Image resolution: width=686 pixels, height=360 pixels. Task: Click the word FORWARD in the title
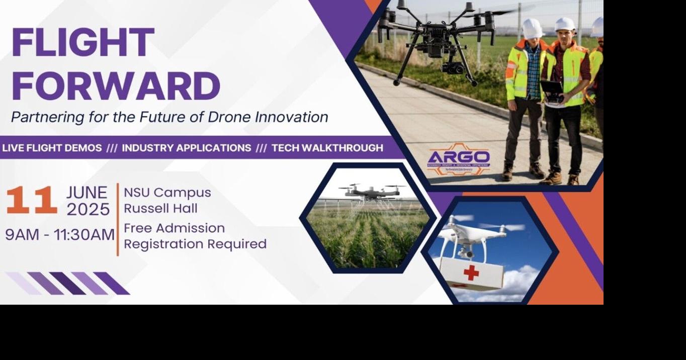[116, 85]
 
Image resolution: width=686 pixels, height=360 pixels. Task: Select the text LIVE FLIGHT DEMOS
[52, 148]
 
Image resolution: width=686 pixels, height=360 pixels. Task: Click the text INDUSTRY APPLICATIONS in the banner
[186, 148]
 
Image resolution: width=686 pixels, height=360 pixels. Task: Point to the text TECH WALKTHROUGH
[327, 148]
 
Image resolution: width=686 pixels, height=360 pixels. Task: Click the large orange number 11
[31, 201]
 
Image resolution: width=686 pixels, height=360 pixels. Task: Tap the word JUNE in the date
[87, 193]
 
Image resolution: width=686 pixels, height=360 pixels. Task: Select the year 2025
[88, 209]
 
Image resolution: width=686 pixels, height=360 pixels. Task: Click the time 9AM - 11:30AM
[60, 234]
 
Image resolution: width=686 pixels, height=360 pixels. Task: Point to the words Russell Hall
[160, 208]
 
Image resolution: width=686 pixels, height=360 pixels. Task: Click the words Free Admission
[174, 228]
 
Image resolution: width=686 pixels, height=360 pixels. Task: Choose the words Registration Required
[195, 244]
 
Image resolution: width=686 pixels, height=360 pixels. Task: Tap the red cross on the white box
[471, 273]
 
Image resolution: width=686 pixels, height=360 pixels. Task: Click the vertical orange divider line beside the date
[118, 219]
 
